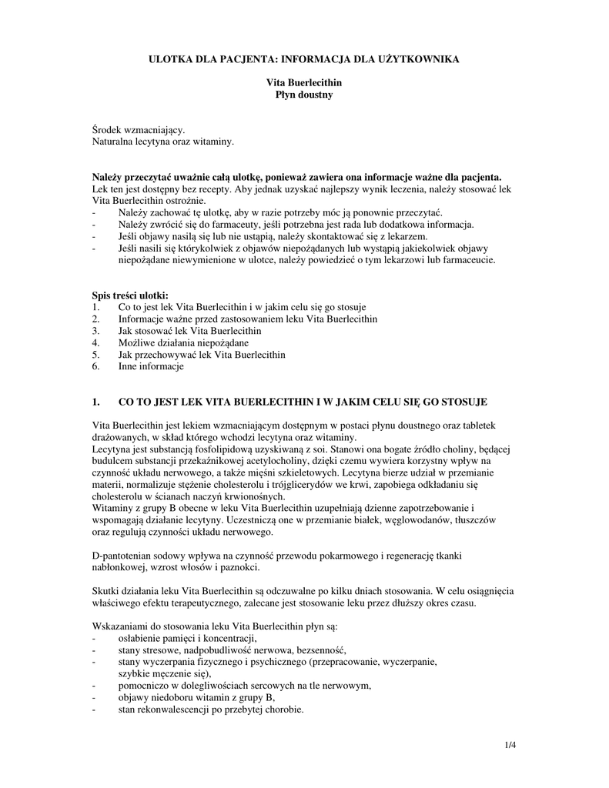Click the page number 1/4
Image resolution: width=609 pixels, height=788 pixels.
pos(510,744)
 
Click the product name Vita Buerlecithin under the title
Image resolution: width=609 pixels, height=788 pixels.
pos(304,82)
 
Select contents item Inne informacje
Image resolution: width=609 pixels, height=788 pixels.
pos(151,367)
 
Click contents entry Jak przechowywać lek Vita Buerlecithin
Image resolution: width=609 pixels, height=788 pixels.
pos(202,355)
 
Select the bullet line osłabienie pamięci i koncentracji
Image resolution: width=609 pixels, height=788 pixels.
pos(187,639)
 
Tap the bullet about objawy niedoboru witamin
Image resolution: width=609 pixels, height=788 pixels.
pos(196,698)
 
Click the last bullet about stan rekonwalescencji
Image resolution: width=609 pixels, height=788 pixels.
pos(210,710)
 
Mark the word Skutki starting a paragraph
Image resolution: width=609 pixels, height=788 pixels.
pos(106,591)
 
